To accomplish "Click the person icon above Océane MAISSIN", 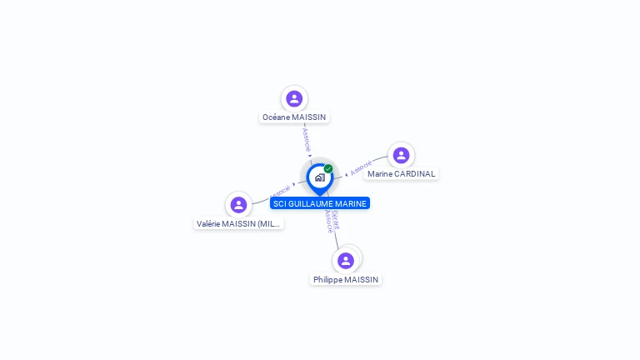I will coord(294,99).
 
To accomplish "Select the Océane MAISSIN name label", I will coord(294,117).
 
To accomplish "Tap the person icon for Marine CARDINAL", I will coord(401,156).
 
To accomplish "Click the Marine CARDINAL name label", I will coord(402,174).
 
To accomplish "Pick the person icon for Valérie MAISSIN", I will coord(238,205).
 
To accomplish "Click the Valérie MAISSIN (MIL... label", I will coord(238,223).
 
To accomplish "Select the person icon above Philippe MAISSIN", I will coord(346,261).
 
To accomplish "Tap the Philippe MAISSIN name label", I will coord(346,280).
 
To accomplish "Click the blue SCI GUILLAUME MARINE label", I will coord(319,203).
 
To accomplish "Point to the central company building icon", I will coord(319,177).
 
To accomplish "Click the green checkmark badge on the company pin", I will coord(328,168).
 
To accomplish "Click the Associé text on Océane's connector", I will coord(306,138).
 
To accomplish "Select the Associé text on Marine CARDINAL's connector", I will coord(361,169).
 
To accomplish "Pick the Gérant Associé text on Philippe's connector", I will coord(332,221).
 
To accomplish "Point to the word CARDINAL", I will coord(415,174).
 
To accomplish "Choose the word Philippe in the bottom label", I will coord(327,280).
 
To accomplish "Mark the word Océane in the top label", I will coord(276,117).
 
